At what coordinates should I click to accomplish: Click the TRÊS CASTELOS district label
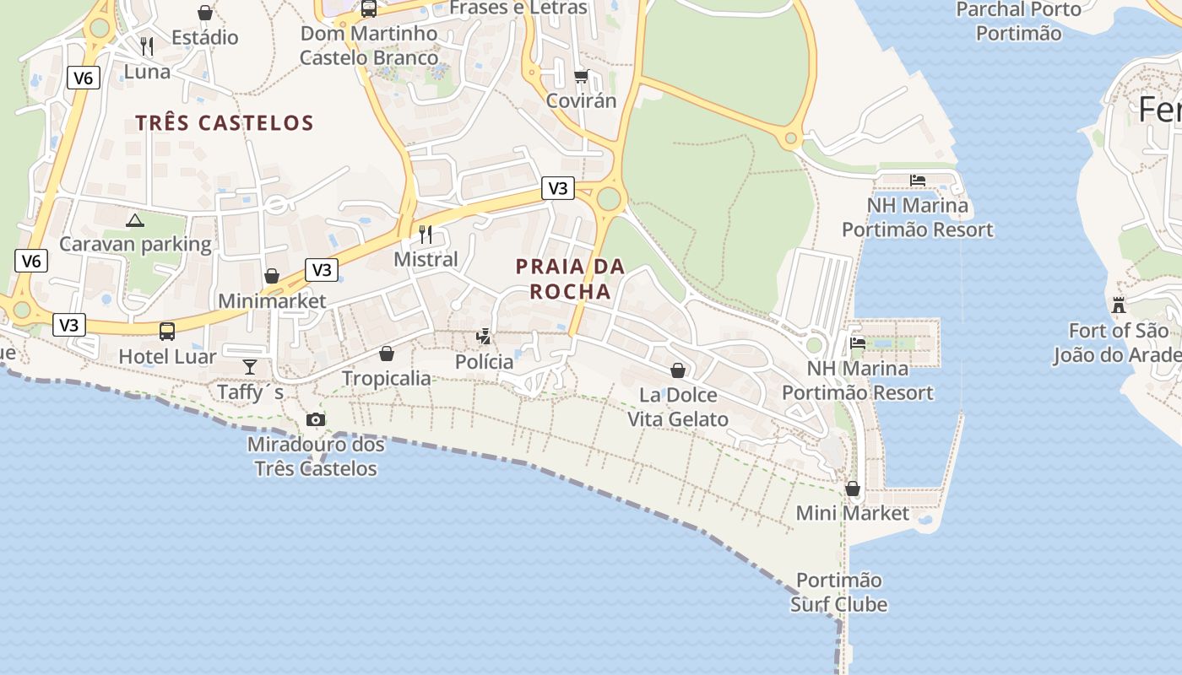click(x=225, y=123)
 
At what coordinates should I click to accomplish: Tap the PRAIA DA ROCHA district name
click(x=570, y=279)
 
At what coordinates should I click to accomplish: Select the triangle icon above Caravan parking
click(x=134, y=221)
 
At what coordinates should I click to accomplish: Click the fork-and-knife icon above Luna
click(x=147, y=46)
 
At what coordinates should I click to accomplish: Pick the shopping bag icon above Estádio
click(x=205, y=13)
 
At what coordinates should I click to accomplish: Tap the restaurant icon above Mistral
click(x=426, y=234)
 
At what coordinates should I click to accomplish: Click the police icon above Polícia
click(x=484, y=337)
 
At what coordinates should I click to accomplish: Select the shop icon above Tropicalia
click(x=387, y=354)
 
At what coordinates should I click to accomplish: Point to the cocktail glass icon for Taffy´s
click(x=250, y=366)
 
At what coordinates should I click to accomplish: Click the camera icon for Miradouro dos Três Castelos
click(x=316, y=419)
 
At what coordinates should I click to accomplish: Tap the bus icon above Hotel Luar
click(x=167, y=331)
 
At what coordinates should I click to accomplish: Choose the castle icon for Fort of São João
click(x=1119, y=305)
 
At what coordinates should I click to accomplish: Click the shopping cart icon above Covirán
click(x=581, y=77)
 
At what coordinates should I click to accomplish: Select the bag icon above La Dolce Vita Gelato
click(x=677, y=370)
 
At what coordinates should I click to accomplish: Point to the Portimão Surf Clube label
click(x=839, y=592)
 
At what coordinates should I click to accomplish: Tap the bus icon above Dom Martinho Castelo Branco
click(x=369, y=9)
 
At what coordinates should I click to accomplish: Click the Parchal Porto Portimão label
click(x=1018, y=22)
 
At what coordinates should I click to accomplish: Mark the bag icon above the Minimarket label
click(x=272, y=276)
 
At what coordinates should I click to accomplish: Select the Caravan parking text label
click(x=135, y=245)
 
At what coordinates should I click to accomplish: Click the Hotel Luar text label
click(x=167, y=356)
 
